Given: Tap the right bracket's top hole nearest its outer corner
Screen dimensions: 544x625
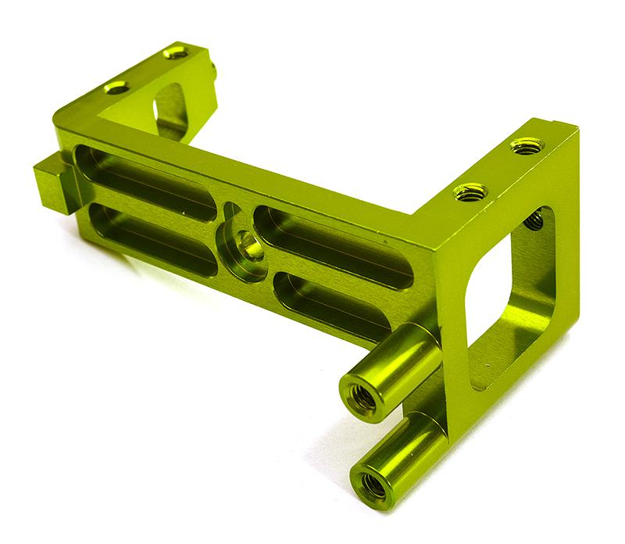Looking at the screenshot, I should tap(527, 145).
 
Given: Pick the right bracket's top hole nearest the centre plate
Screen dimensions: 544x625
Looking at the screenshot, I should tap(470, 191).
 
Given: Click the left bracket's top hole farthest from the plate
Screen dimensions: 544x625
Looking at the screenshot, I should tap(176, 53).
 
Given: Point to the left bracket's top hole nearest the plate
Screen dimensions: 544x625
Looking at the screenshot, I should tap(117, 88).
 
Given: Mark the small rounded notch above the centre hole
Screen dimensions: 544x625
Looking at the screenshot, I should tap(231, 211).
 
